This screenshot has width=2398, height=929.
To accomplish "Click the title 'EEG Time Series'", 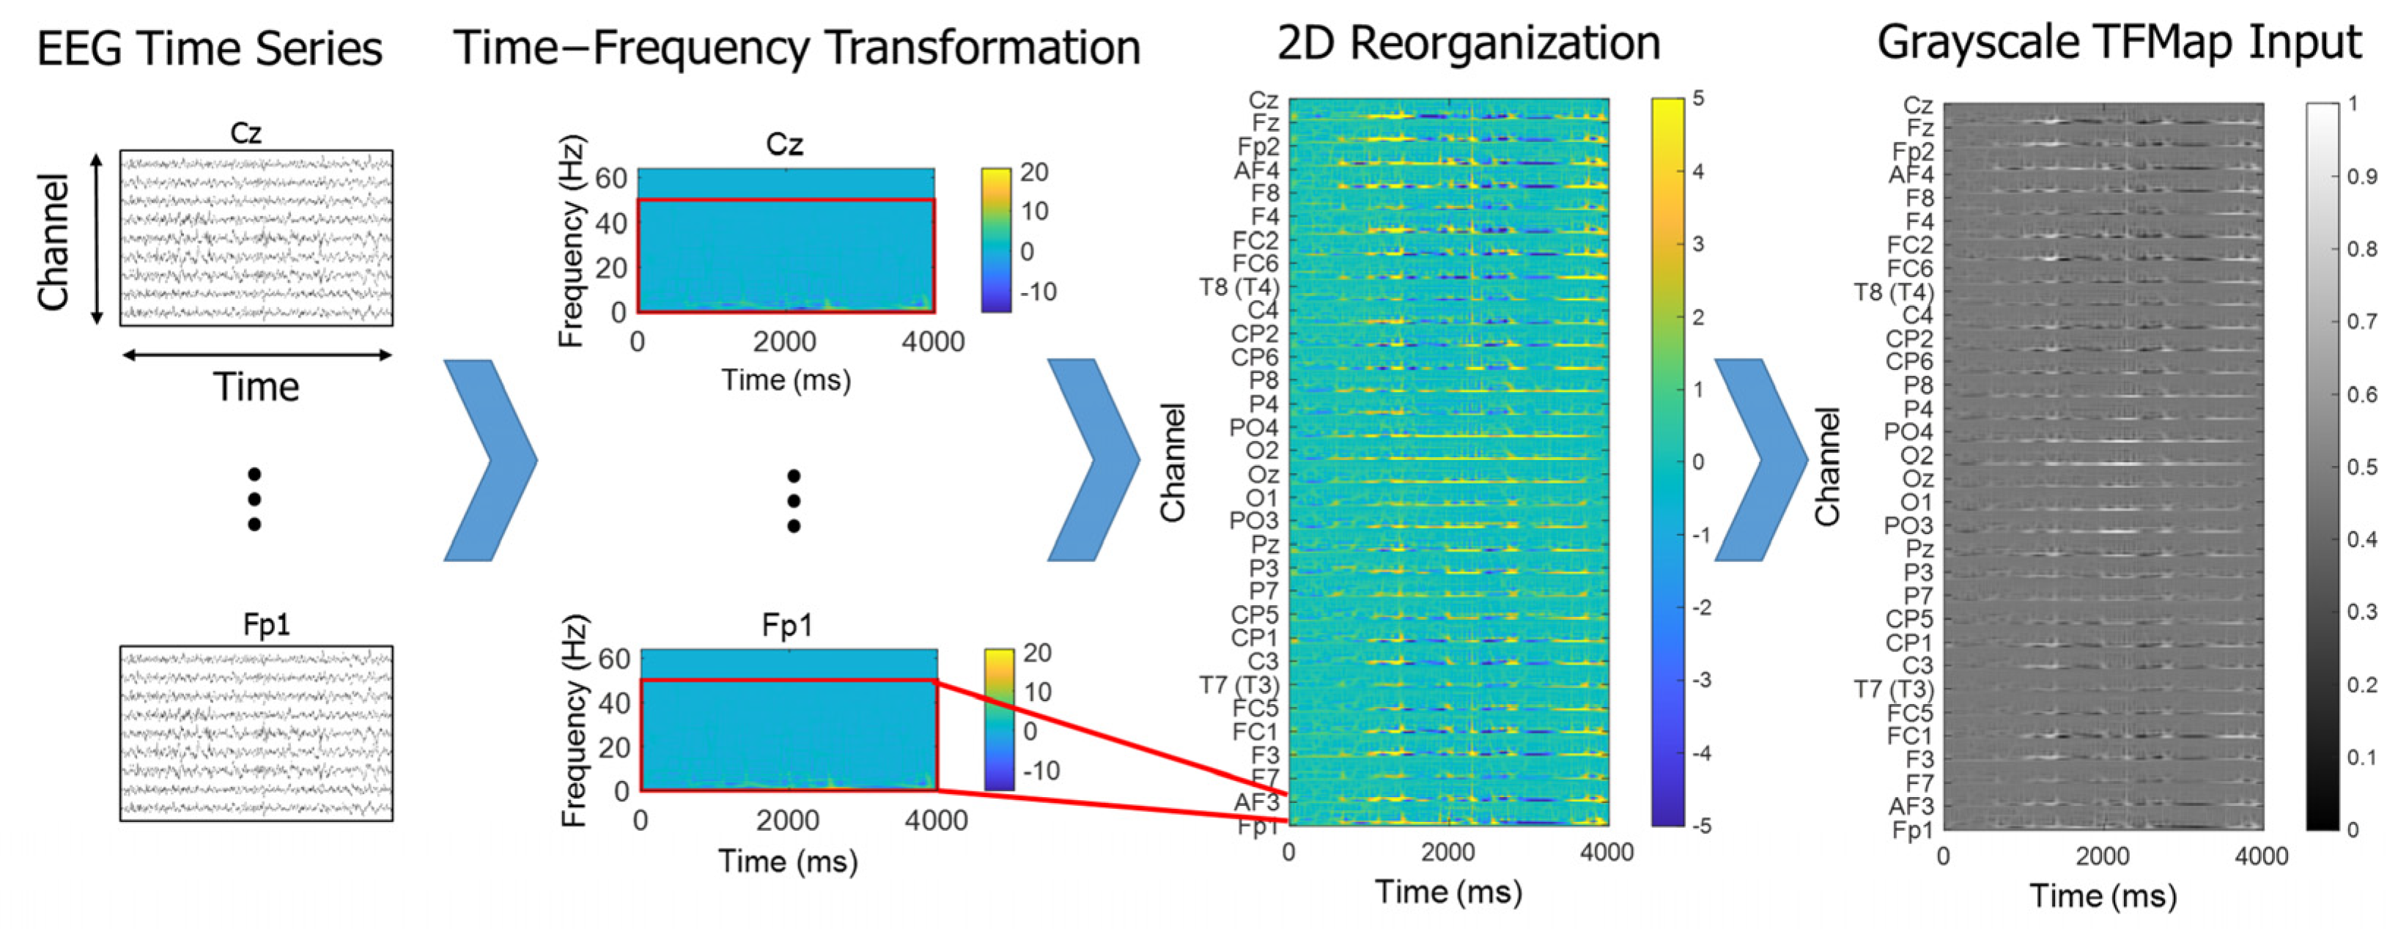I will click(209, 48).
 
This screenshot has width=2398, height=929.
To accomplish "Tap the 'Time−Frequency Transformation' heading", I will click(797, 48).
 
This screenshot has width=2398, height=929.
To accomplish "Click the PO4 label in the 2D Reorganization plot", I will click(1253, 428).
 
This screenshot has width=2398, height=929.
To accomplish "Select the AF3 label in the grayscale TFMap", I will click(1910, 806).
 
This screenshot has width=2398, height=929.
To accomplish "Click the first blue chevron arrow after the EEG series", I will click(490, 460).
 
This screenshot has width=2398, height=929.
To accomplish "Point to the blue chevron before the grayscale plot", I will click(1760, 460).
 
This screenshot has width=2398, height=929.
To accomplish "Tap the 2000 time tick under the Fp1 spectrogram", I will click(788, 820).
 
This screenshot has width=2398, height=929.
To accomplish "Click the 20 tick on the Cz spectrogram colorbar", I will click(1033, 172).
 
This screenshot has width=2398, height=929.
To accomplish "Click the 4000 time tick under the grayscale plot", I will click(2260, 856).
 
